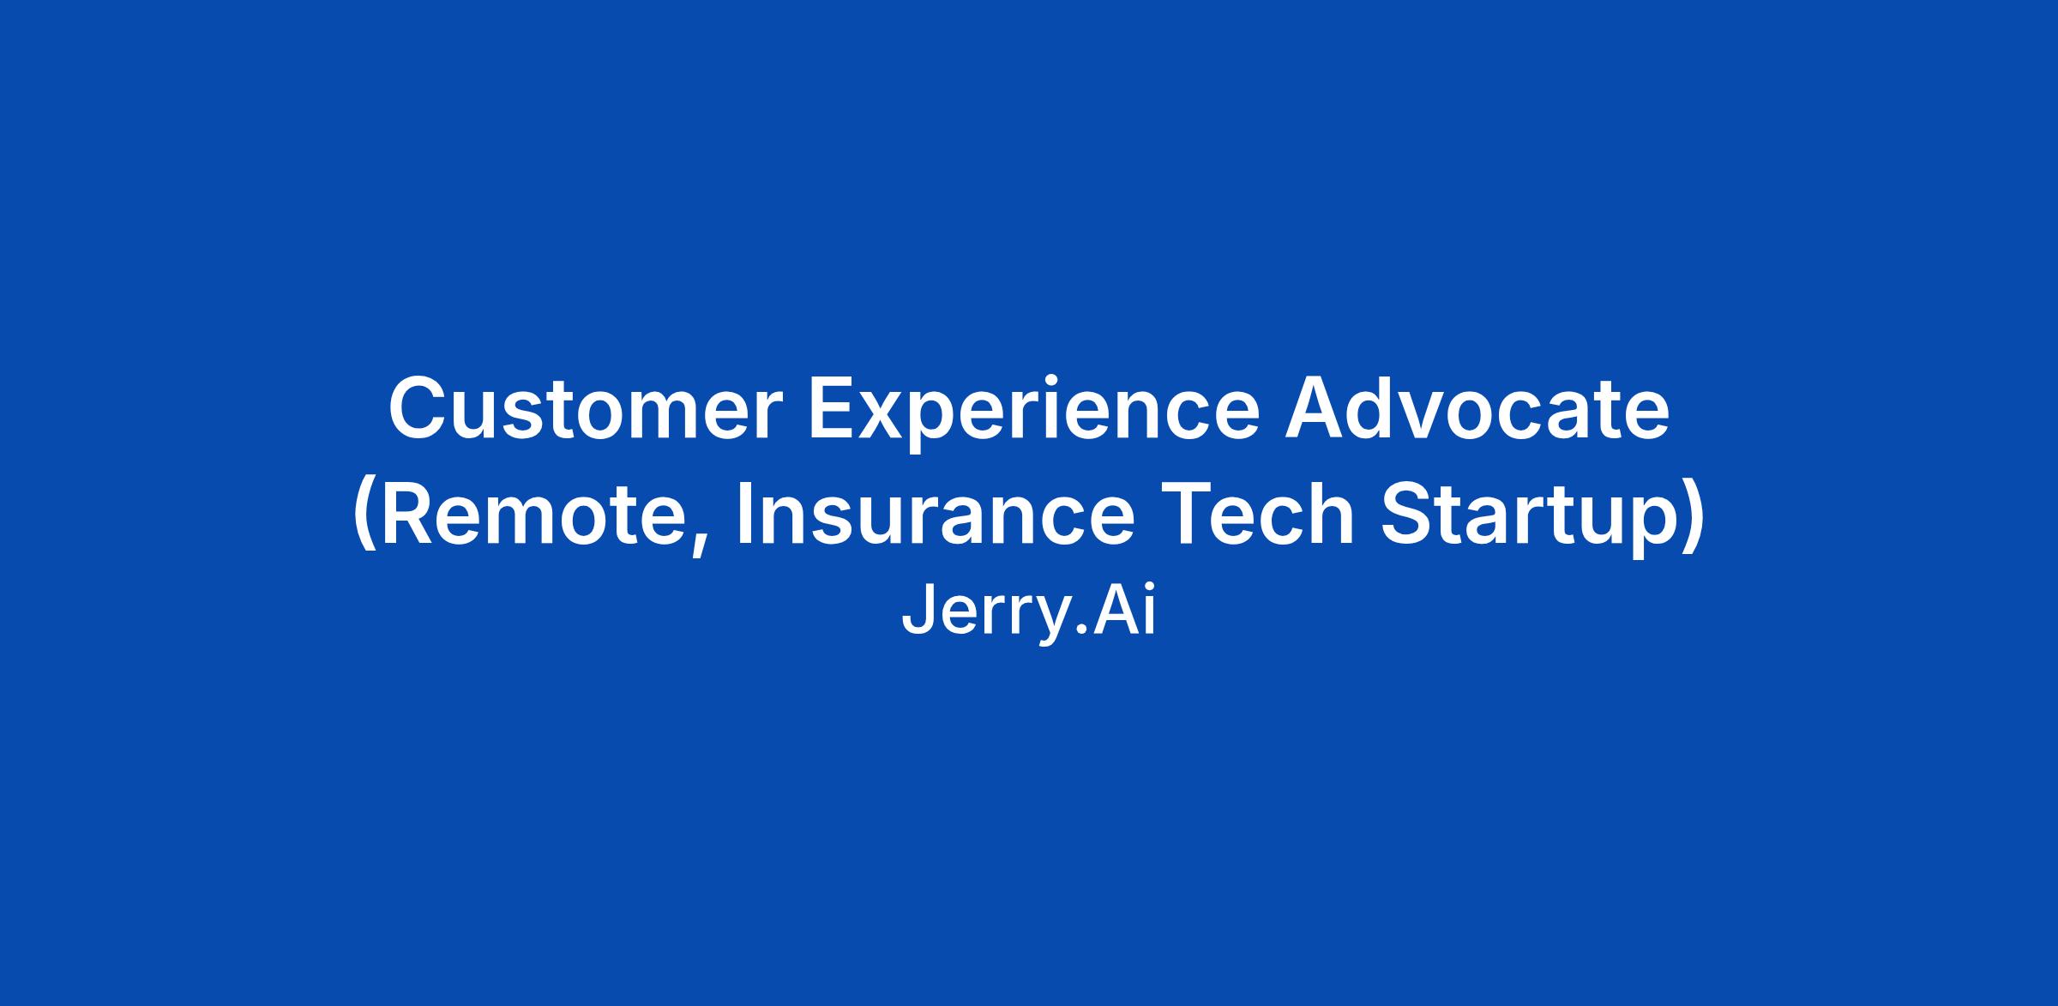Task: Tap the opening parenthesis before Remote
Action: pos(364,517)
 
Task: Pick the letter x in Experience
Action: pos(893,417)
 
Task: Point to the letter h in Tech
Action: pos(1330,512)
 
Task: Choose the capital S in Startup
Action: pos(1411,512)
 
